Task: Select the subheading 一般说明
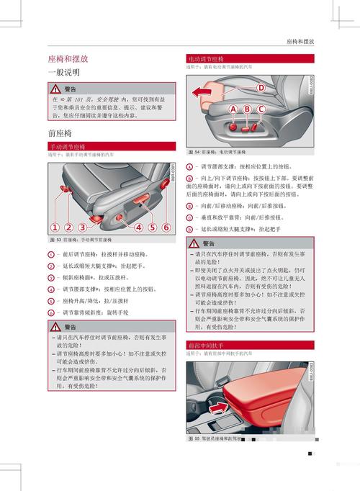coord(63,73)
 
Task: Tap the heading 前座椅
coord(60,134)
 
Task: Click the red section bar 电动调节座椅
coord(206,58)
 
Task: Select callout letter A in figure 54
coord(233,109)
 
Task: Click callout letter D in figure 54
coord(261,88)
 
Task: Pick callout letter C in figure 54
coord(261,109)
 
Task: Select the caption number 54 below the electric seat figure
coord(196,152)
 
